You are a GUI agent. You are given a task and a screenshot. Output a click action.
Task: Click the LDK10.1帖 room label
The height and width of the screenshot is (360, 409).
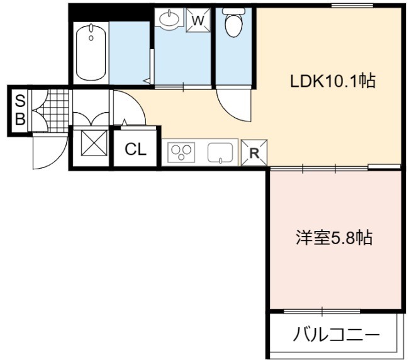(333, 81)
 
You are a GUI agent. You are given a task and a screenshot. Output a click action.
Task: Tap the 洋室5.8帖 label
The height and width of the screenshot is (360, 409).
(334, 237)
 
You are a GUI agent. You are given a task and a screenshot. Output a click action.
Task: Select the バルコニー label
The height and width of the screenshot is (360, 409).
(336, 334)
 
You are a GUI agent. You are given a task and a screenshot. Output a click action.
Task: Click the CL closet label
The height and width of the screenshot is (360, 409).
(135, 150)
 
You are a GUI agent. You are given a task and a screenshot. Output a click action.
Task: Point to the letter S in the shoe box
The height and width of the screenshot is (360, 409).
(20, 101)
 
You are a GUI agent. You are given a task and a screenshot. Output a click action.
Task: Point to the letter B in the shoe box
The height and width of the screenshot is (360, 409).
(20, 119)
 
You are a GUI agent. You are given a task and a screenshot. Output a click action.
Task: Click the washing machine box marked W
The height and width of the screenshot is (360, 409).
(198, 20)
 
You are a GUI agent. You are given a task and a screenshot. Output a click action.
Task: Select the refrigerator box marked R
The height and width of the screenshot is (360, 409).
(254, 153)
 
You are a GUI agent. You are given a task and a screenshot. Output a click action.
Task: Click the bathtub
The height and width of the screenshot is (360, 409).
(91, 53)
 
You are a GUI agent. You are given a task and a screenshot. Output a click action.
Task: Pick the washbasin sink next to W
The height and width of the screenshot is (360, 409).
(169, 18)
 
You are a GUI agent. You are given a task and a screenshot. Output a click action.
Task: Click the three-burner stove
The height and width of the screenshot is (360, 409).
(181, 152)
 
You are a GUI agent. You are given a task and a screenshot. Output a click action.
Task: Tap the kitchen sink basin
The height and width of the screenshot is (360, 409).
(220, 152)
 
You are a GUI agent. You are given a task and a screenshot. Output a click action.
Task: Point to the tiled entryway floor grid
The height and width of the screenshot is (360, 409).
(58, 111)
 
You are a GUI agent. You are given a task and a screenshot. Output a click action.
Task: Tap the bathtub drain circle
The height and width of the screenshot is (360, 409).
(91, 38)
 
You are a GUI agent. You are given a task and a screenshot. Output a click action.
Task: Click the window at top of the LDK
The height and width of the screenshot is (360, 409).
(352, 6)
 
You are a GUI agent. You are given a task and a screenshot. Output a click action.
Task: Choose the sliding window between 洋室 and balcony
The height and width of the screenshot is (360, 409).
(322, 311)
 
